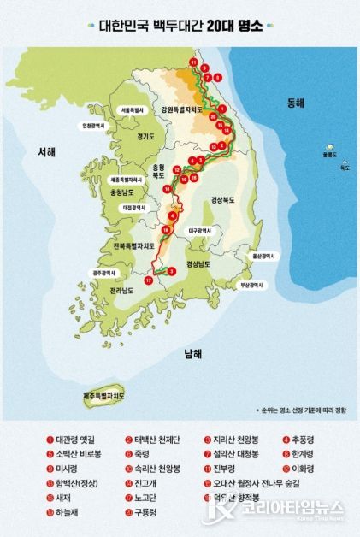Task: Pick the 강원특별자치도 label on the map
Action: point(180,110)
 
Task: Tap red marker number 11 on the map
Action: point(193,63)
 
